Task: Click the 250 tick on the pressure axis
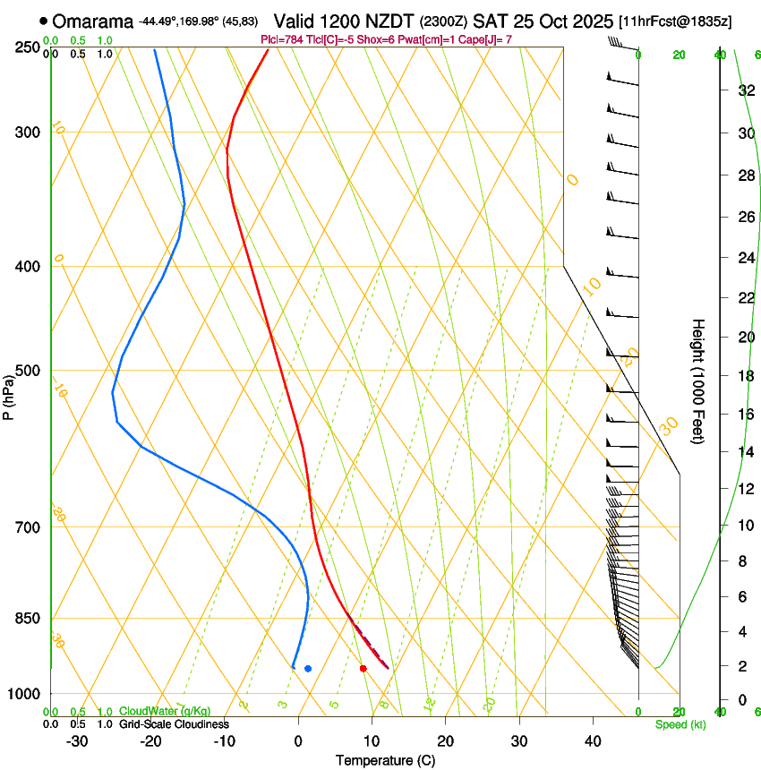click(27, 47)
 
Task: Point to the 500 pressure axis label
click(27, 371)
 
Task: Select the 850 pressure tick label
click(27, 618)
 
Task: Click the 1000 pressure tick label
click(24, 694)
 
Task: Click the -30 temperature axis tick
click(77, 741)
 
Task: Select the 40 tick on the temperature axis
click(593, 741)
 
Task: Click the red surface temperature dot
click(363, 668)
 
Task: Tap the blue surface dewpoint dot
click(308, 668)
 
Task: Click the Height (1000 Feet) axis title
click(698, 381)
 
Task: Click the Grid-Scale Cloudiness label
click(174, 723)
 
